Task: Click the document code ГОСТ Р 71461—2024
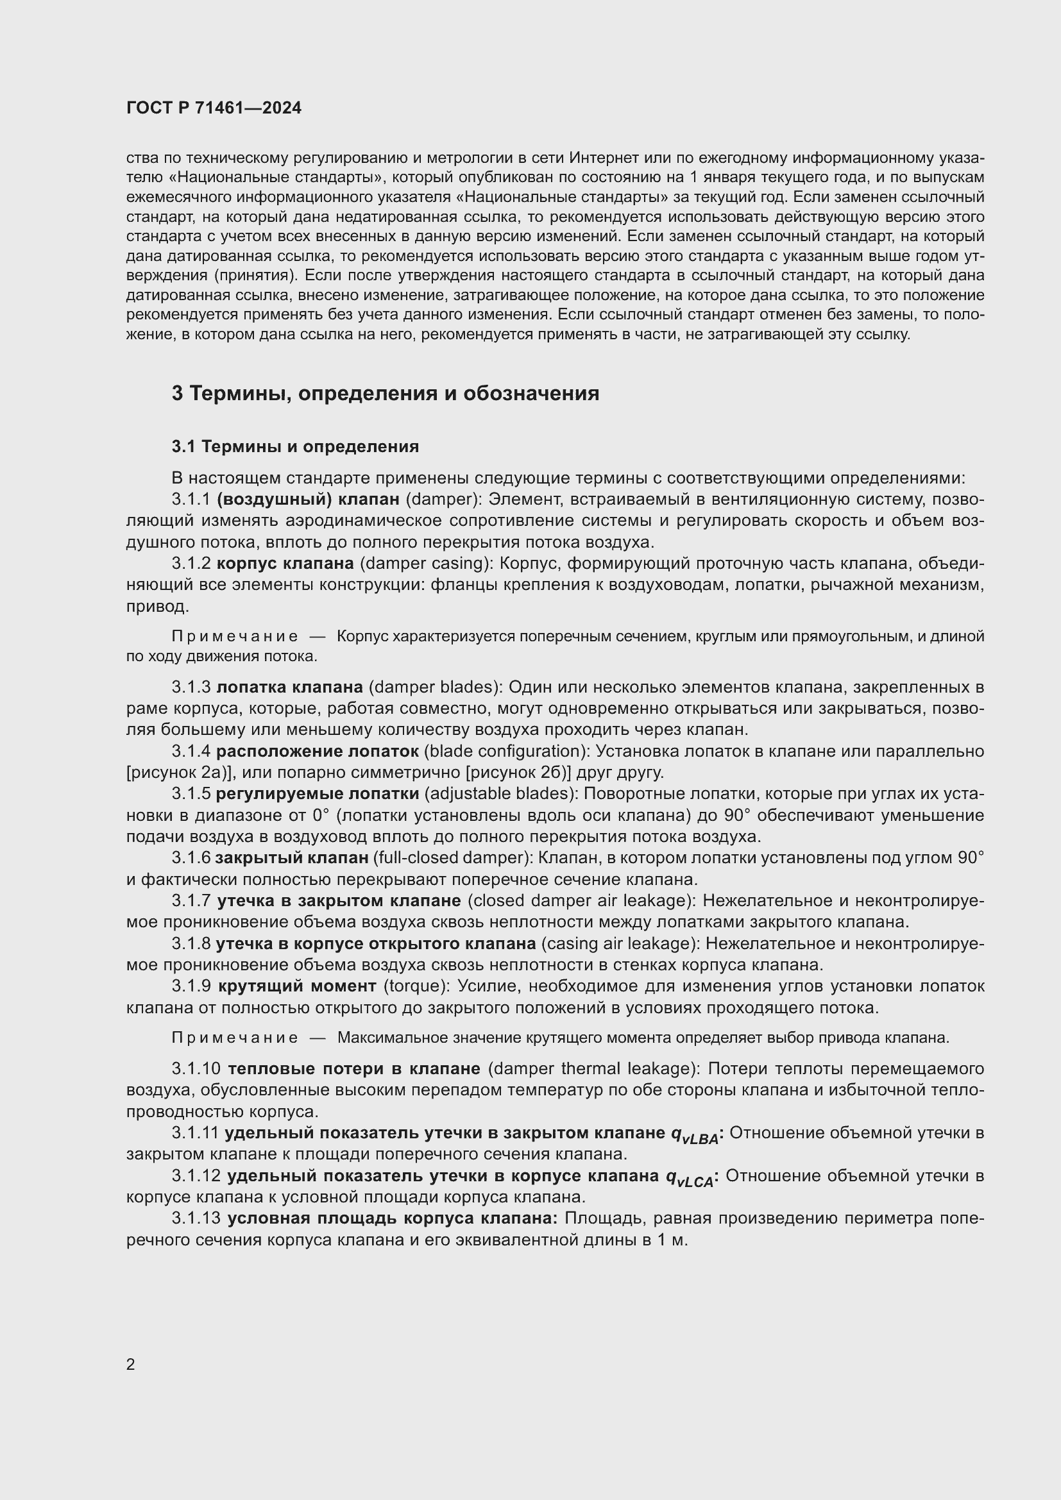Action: click(214, 108)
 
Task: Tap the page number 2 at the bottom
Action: click(131, 1364)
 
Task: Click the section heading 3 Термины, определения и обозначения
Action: click(385, 393)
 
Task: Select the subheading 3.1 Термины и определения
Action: click(294, 446)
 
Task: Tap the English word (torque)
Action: click(416, 986)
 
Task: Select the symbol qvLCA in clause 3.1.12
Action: click(690, 1178)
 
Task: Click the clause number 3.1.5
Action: click(191, 794)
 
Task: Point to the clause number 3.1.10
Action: click(197, 1069)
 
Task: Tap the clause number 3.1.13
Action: click(197, 1218)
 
